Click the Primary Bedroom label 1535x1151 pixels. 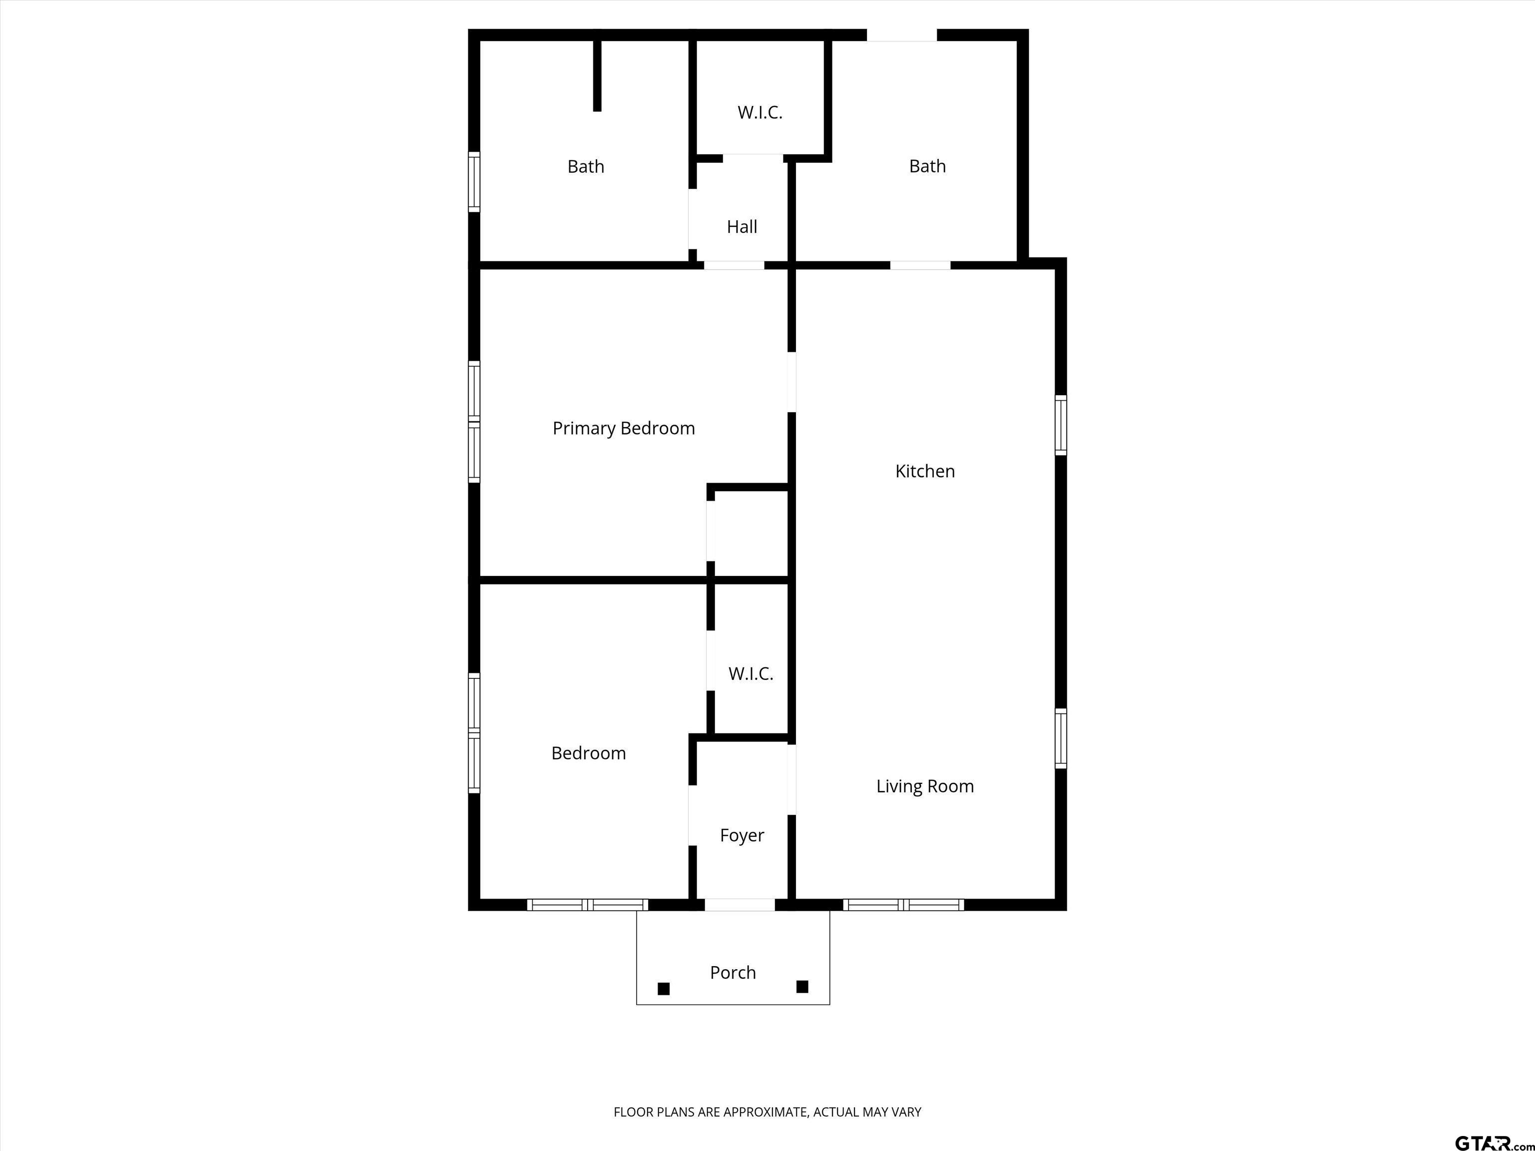623,429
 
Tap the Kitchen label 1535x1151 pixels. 925,471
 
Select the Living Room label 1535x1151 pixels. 925,786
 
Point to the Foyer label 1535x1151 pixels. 742,835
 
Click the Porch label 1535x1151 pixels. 733,973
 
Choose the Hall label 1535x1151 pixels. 742,227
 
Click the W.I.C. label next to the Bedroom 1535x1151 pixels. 751,674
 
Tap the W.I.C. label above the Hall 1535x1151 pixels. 760,112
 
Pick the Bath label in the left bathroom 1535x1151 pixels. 586,166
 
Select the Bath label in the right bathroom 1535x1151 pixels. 928,166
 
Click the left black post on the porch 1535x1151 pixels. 664,989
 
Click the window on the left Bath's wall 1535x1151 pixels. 474,182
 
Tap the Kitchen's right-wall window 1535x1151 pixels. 1060,425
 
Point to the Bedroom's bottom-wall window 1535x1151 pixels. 588,905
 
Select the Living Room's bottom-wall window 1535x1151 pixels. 903,905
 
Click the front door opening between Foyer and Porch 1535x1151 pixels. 740,905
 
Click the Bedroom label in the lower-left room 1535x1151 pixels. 589,753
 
